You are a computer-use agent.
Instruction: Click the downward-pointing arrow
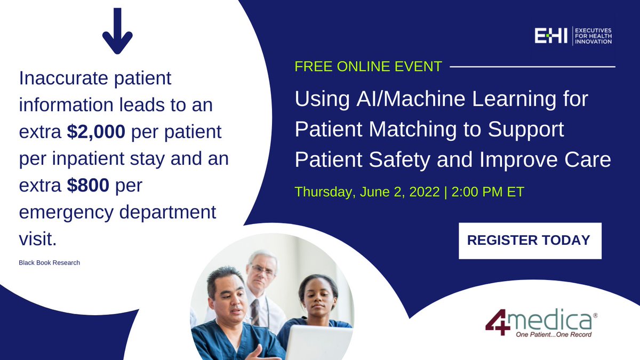click(117, 31)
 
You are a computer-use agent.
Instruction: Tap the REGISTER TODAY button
click(530, 241)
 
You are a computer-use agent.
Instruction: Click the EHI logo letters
click(551, 36)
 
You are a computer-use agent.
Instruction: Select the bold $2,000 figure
click(96, 132)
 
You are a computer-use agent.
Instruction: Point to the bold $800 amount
click(88, 185)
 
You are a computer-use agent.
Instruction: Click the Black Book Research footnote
click(50, 262)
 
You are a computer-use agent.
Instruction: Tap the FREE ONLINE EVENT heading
click(369, 67)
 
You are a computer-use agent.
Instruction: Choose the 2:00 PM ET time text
click(487, 191)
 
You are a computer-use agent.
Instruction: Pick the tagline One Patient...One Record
click(554, 334)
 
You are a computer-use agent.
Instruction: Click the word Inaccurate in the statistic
click(63, 78)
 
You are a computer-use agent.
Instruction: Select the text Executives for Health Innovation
click(593, 36)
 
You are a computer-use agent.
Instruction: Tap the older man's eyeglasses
click(262, 269)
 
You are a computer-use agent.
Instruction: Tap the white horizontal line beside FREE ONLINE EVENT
click(533, 67)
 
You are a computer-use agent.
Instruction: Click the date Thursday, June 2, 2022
click(367, 191)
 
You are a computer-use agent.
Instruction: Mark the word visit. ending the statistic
click(38, 239)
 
